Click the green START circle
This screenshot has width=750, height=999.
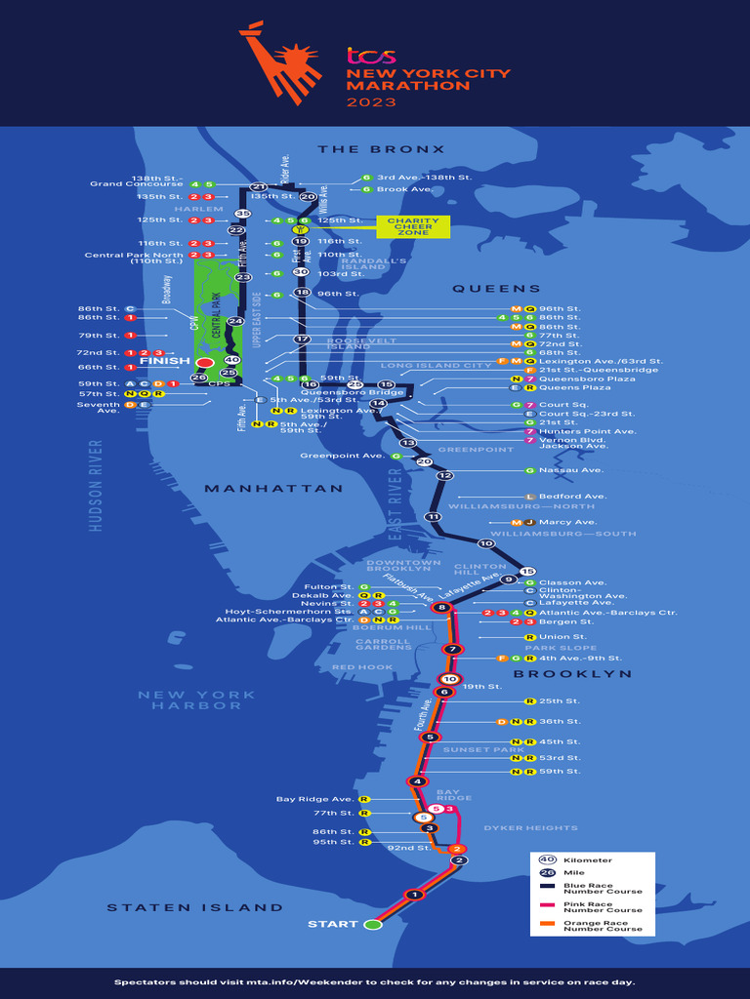372,924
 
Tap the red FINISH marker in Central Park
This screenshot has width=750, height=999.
205,362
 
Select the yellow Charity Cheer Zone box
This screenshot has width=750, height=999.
413,226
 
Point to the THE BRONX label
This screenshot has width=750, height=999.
381,149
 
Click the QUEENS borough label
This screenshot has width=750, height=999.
496,289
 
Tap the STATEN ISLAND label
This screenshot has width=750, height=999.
195,907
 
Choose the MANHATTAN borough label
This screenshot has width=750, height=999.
273,488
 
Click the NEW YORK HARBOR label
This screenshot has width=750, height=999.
196,700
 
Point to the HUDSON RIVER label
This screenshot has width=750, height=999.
96,485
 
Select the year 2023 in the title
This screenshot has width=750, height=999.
370,101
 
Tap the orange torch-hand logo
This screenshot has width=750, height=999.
280,60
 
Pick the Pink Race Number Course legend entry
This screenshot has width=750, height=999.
603,906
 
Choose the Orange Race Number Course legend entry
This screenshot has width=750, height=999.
603,925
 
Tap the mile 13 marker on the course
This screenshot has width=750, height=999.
408,443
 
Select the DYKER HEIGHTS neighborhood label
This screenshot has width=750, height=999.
530,828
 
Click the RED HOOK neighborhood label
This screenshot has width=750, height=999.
362,667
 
